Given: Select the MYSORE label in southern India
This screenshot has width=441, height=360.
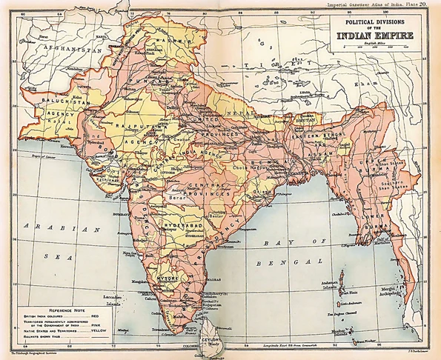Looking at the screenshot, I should pos(163,281).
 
